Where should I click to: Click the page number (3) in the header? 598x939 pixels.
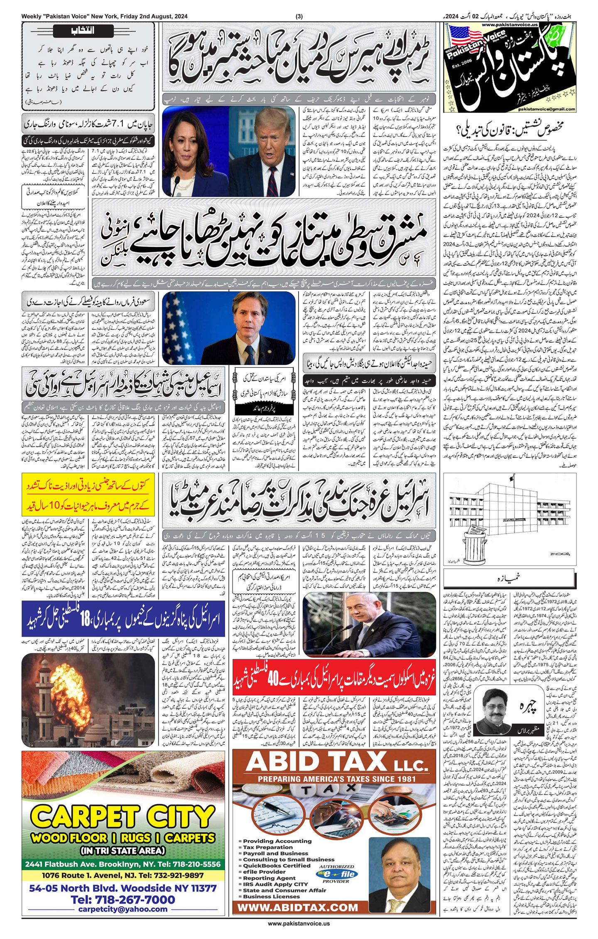click(x=299, y=16)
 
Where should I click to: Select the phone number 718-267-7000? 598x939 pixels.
click(x=123, y=900)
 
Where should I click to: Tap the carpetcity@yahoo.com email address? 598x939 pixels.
click(x=123, y=909)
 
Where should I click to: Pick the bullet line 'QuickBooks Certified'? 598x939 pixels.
click(x=277, y=866)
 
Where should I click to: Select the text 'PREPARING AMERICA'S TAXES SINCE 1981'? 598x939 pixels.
click(x=336, y=779)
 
